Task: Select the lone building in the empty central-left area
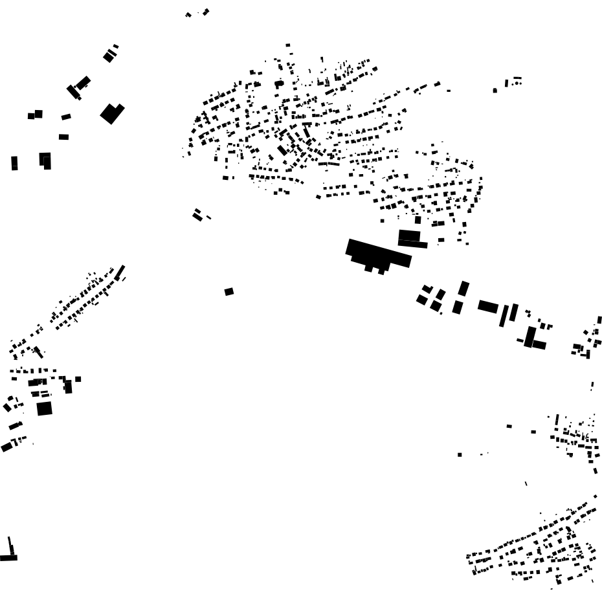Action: click(229, 292)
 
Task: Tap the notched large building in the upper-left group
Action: click(111, 113)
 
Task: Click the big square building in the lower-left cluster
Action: click(44, 408)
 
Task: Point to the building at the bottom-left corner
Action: click(9, 555)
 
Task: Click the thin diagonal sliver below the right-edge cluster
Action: click(526, 483)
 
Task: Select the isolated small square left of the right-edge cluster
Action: click(460, 454)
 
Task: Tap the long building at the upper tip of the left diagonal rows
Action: click(120, 272)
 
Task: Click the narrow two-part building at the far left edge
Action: click(14, 162)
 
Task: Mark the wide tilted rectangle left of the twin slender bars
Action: click(488, 306)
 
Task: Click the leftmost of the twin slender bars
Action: click(503, 316)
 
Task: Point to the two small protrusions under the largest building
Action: click(374, 269)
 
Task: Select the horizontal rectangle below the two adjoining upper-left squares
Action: click(63, 137)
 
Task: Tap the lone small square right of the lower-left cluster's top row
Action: click(78, 379)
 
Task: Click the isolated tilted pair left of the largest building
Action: click(197, 215)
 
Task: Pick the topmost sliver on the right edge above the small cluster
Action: click(599, 320)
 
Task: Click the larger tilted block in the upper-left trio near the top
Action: click(82, 83)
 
